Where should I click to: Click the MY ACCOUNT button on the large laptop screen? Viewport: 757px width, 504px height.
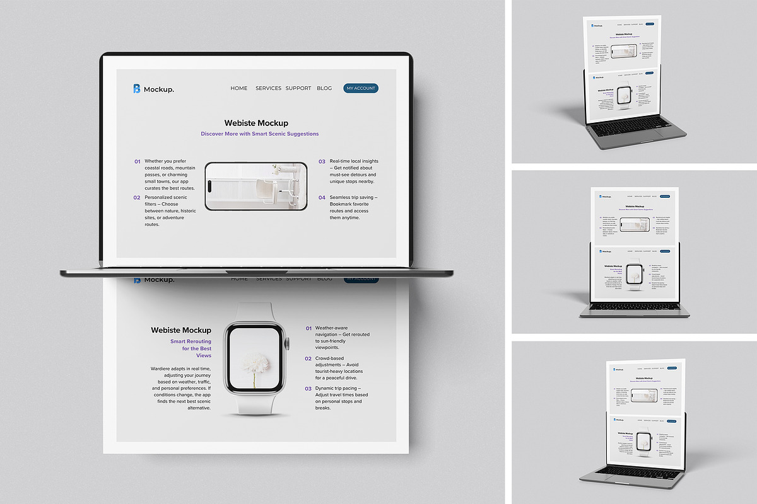(x=361, y=88)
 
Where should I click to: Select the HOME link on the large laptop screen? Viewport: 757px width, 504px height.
(x=239, y=88)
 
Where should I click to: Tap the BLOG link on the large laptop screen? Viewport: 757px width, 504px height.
(x=324, y=88)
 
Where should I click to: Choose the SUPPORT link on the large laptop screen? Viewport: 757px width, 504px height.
(x=298, y=88)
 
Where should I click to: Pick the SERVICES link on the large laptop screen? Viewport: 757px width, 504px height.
(x=268, y=88)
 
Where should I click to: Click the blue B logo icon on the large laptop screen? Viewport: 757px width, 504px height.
(x=136, y=89)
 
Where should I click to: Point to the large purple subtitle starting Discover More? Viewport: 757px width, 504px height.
(x=260, y=134)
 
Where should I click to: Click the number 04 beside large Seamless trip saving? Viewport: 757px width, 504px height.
(x=322, y=197)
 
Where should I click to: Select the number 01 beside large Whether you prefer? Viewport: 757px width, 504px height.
(x=137, y=161)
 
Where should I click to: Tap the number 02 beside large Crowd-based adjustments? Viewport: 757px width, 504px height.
(x=308, y=358)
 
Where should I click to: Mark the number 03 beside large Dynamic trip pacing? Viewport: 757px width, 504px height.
(x=308, y=389)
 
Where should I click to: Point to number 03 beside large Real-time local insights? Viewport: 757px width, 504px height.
(x=322, y=161)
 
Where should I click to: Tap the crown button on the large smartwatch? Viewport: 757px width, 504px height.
(x=288, y=343)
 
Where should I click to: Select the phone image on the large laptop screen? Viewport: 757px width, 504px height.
(x=256, y=186)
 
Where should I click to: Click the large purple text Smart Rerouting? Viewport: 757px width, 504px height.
(x=191, y=341)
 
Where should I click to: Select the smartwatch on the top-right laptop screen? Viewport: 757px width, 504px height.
(x=625, y=96)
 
